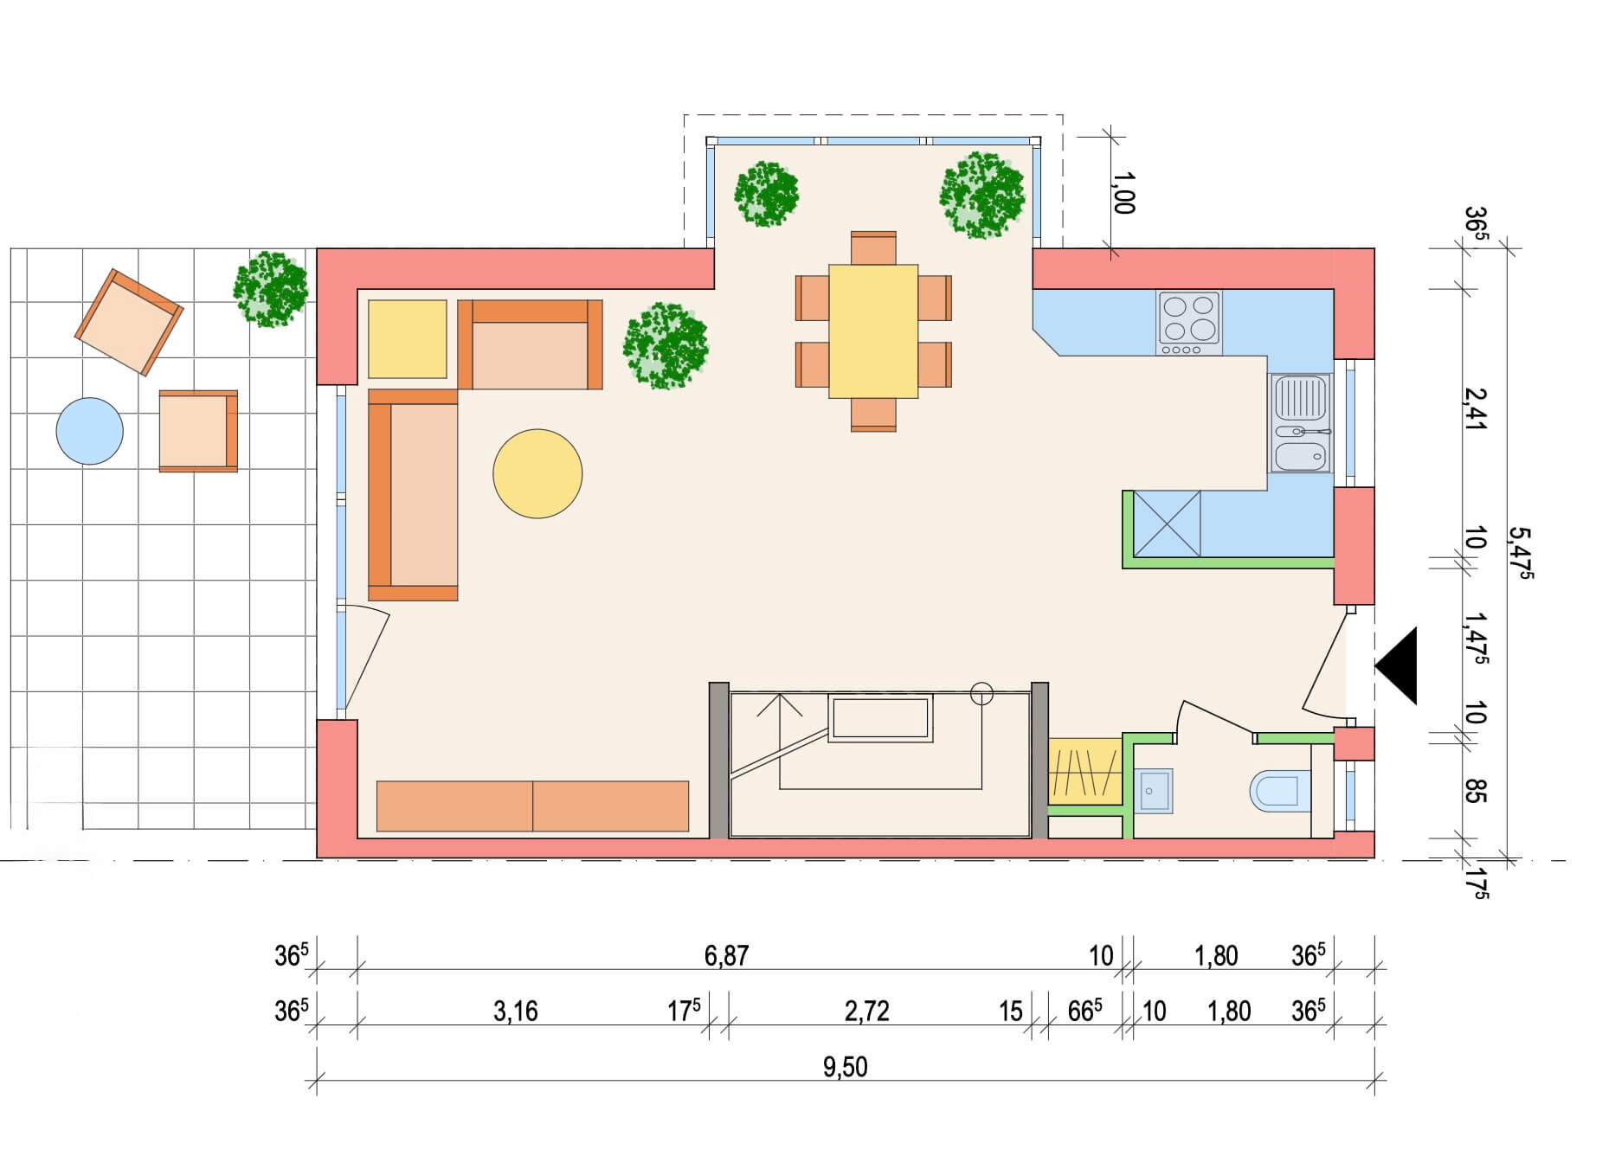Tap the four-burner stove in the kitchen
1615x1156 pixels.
click(x=1189, y=323)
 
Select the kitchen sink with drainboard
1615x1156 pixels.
click(x=1300, y=423)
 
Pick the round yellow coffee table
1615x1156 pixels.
click(x=537, y=473)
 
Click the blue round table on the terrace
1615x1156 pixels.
click(x=89, y=431)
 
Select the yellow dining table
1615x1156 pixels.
click(x=873, y=331)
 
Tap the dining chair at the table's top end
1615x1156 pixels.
click(x=873, y=247)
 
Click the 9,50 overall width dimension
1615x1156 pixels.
click(x=845, y=1067)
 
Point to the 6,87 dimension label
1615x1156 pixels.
click(x=726, y=956)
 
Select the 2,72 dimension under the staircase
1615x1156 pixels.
click(x=866, y=1011)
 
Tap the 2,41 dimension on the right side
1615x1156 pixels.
click(x=1475, y=408)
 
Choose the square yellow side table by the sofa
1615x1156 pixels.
click(x=408, y=339)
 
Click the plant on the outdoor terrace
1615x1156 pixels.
click(x=271, y=289)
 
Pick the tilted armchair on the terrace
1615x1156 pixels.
click(x=129, y=322)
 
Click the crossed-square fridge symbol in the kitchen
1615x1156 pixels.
click(x=1167, y=523)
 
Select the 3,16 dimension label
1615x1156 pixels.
click(x=516, y=1011)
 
